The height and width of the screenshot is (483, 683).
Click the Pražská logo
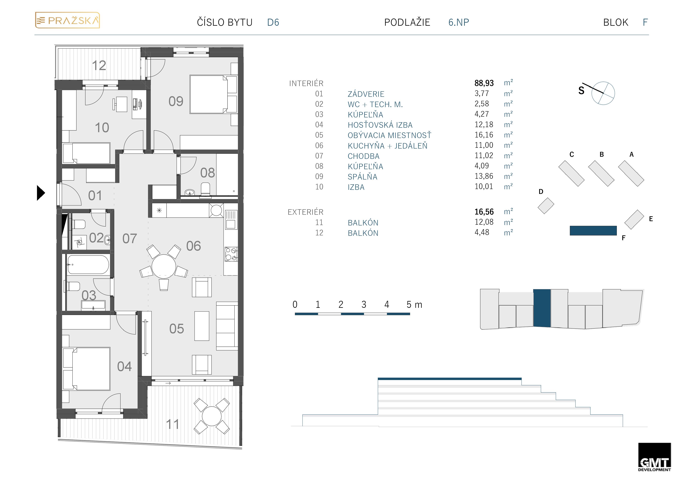pyautogui.click(x=68, y=20)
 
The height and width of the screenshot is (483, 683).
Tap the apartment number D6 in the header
pyautogui.click(x=273, y=22)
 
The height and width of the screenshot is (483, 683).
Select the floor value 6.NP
pyautogui.click(x=458, y=22)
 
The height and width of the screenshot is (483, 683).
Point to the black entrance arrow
pyautogui.click(x=41, y=193)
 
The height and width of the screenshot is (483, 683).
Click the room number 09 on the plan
pyautogui.click(x=176, y=101)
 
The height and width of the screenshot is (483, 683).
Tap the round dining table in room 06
pyautogui.click(x=164, y=266)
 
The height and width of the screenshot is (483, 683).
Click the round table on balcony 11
pyautogui.click(x=212, y=416)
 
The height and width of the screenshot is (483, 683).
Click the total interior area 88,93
pyautogui.click(x=484, y=83)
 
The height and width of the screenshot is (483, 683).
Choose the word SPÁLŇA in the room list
pyautogui.click(x=362, y=177)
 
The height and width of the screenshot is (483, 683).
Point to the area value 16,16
pyautogui.click(x=484, y=135)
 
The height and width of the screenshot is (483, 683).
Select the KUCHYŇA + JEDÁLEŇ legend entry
pyautogui.click(x=387, y=146)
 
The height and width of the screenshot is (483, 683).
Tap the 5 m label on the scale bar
pyautogui.click(x=414, y=304)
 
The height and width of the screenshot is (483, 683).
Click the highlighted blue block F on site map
pyautogui.click(x=593, y=231)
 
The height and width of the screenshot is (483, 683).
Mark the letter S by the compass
pyautogui.click(x=581, y=91)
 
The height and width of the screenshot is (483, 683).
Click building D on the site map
pyautogui.click(x=546, y=206)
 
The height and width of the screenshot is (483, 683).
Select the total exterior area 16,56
pyautogui.click(x=484, y=212)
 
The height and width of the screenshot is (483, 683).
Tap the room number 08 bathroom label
pyautogui.click(x=207, y=173)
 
